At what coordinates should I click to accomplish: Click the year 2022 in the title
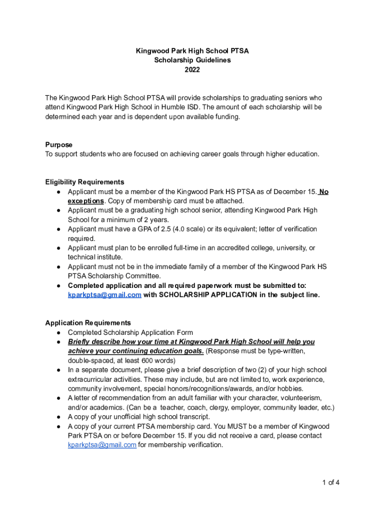pyautogui.click(x=192, y=70)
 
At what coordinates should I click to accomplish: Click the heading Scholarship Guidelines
pyautogui.click(x=192, y=60)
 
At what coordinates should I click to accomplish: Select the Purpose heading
pyautogui.click(x=58, y=145)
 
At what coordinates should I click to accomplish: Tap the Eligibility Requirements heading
pyautogui.click(x=84, y=182)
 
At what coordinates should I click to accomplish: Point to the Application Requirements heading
pyautogui.click(x=88, y=323)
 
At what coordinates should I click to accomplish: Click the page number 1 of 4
pyautogui.click(x=331, y=483)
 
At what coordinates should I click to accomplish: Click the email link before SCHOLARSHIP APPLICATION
pyautogui.click(x=104, y=295)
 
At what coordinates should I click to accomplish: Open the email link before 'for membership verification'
pyautogui.click(x=102, y=445)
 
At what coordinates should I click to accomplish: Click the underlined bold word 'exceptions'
pyautogui.click(x=85, y=201)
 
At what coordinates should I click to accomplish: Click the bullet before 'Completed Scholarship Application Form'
pyautogui.click(x=58, y=332)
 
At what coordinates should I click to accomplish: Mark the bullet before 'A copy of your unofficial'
pyautogui.click(x=58, y=417)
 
